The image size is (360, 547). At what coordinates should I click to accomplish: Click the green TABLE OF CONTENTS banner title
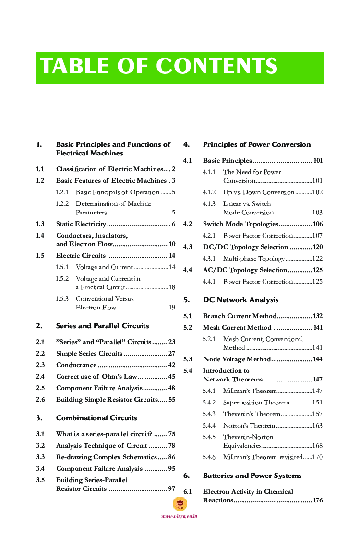(x=159, y=67)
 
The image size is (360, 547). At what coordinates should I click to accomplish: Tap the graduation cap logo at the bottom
(x=180, y=503)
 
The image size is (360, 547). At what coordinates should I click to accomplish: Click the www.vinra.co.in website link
(x=180, y=516)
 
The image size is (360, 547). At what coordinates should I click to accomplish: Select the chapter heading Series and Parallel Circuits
(x=102, y=326)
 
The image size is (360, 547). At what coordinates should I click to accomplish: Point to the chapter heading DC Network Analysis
(x=240, y=300)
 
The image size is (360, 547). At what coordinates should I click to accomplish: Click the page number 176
(x=317, y=500)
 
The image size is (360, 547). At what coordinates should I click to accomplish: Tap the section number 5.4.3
(x=209, y=414)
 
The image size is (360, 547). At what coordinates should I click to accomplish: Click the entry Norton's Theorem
(x=249, y=426)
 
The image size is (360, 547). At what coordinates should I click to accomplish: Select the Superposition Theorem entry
(x=256, y=403)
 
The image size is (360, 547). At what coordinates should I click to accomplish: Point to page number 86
(x=171, y=457)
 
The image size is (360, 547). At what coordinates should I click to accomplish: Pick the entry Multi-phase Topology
(x=254, y=259)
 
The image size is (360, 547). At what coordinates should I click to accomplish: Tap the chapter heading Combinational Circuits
(x=96, y=418)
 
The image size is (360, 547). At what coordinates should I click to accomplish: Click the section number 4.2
(x=188, y=224)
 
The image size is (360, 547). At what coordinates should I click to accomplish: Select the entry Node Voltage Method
(x=237, y=359)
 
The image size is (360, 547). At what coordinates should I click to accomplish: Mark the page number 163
(x=317, y=426)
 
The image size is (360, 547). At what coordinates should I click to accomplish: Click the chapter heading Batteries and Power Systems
(x=252, y=476)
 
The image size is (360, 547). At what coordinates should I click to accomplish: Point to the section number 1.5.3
(x=62, y=299)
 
